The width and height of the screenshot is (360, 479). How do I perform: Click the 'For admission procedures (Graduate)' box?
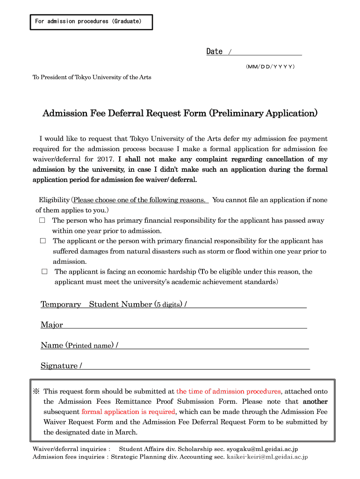[91, 22]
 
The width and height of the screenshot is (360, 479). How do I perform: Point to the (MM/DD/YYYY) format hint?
[270, 67]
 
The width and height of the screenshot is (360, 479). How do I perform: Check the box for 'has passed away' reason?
[42, 220]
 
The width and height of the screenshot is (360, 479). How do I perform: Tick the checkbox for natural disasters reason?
[43, 241]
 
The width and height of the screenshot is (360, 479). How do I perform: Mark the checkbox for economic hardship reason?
[44, 272]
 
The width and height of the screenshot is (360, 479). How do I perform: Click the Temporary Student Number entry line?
[247, 305]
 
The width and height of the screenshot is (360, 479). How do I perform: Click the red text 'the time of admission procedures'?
[228, 392]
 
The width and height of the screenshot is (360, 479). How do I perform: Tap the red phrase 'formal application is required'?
[128, 412]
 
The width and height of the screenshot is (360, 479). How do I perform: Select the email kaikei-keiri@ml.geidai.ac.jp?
[267, 457]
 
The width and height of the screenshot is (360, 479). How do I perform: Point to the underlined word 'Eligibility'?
[54, 200]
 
